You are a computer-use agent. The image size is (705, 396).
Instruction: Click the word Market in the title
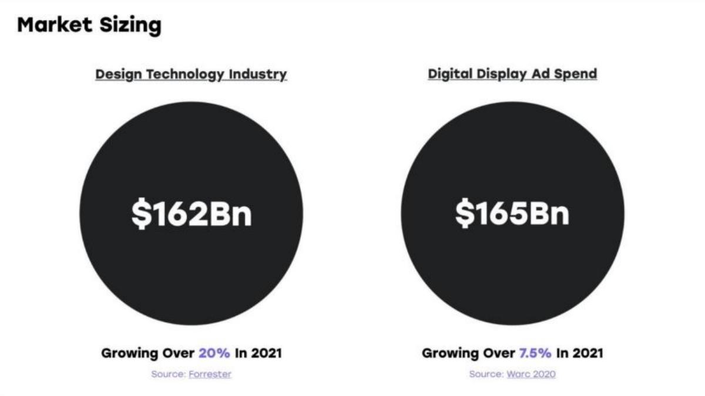point(55,25)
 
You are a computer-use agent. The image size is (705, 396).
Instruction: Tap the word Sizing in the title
point(130,26)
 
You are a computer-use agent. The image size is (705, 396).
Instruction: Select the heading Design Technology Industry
point(191,75)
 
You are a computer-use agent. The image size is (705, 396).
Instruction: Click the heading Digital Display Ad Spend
point(512,74)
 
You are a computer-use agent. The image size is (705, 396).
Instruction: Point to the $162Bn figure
point(192,214)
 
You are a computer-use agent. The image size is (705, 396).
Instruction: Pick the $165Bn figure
point(512,214)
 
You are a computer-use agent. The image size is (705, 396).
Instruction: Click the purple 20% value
point(214,353)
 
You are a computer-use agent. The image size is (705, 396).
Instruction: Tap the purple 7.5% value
point(535,353)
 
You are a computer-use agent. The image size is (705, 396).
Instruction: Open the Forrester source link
point(210,374)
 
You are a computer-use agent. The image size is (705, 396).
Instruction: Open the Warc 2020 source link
point(531,374)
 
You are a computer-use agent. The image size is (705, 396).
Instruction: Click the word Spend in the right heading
point(576,75)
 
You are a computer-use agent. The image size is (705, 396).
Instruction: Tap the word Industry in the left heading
point(258,74)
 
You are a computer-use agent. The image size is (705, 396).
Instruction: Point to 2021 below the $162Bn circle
point(267,353)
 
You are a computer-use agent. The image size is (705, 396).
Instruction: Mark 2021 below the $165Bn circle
point(588,353)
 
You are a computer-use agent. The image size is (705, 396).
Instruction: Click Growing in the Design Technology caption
point(130,354)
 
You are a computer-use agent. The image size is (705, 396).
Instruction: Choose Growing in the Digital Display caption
point(451,354)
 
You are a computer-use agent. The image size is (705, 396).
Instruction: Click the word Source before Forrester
point(169,374)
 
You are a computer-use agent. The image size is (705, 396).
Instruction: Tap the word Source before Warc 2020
point(486,374)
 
